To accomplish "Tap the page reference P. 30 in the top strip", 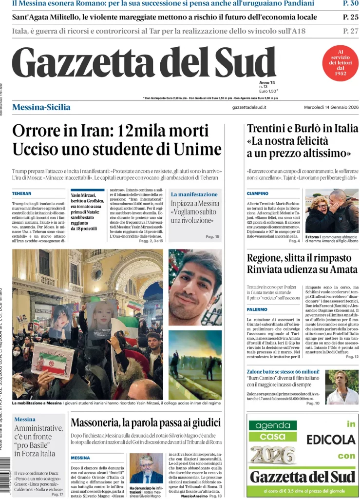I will tap(351, 4).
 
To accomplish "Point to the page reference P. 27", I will tap(351, 31).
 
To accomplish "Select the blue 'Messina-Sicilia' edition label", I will tap(41, 107).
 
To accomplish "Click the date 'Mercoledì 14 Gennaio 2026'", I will tap(331, 107).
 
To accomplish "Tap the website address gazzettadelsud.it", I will tap(249, 107).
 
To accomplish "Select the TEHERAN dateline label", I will tap(22, 193).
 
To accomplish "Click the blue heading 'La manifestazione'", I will tap(194, 194).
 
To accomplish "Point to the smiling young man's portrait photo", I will tap(195, 288).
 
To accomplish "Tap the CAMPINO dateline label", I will tap(258, 193).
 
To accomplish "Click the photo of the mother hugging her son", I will tap(332, 211).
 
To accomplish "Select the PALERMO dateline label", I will tap(257, 309).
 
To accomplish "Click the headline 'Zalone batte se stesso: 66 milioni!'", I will tap(283, 371).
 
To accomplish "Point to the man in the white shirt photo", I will tap(342, 387).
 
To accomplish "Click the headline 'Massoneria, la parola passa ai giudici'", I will tap(146, 422).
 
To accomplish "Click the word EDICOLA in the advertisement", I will tap(331, 440).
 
